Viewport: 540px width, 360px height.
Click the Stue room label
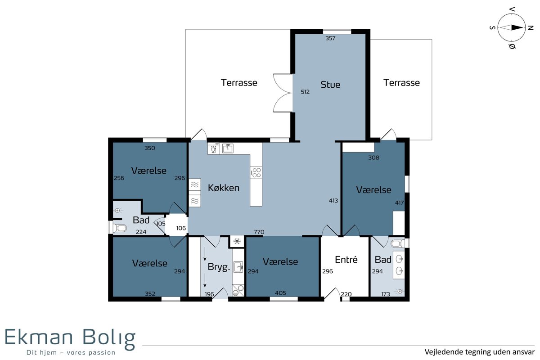(x=330, y=85)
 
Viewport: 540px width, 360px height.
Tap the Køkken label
(x=224, y=188)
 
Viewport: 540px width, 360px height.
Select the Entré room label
(x=346, y=260)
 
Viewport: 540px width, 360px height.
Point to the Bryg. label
(x=219, y=267)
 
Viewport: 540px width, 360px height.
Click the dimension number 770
(x=259, y=232)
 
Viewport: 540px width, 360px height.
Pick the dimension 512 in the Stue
(x=305, y=92)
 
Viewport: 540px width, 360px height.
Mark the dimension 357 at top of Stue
(x=330, y=38)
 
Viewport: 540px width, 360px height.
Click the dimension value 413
(x=333, y=201)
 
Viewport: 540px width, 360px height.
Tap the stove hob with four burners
(x=256, y=173)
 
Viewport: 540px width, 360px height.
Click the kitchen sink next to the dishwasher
(x=228, y=148)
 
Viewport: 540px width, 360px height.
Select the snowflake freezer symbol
(x=237, y=241)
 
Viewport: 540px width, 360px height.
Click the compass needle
(x=511, y=28)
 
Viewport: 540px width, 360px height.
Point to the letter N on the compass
(x=531, y=28)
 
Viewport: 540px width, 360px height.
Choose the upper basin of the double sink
(x=400, y=260)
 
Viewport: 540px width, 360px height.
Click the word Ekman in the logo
(x=39, y=337)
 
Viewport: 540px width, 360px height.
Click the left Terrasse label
(x=239, y=83)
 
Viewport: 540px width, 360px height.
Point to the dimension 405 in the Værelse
(x=280, y=293)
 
